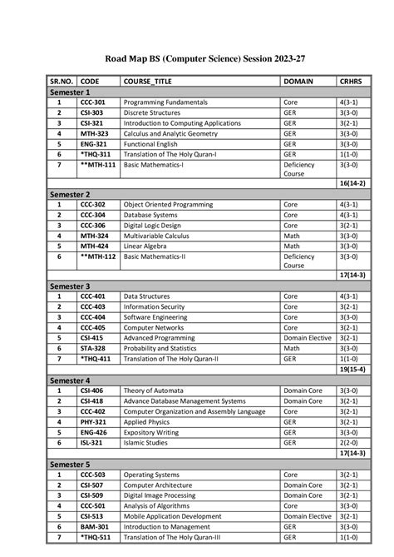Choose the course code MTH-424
93,246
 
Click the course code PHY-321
92,421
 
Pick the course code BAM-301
93,526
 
